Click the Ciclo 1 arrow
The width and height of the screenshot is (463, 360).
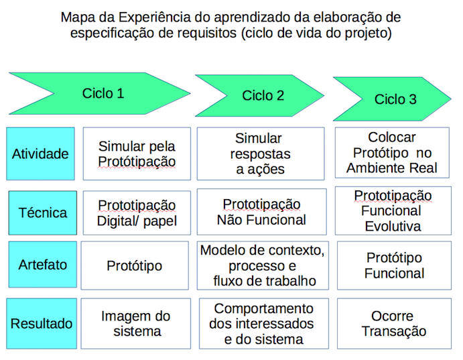(x=101, y=93)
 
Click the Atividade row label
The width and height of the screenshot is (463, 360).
(x=40, y=154)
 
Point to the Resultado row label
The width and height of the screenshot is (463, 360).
(x=41, y=324)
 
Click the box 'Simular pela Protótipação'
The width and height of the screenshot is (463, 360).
(x=136, y=154)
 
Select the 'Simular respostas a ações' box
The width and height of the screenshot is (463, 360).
(x=260, y=154)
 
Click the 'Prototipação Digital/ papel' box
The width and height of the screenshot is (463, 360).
(x=136, y=213)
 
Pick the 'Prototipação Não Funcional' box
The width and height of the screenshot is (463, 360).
(x=261, y=211)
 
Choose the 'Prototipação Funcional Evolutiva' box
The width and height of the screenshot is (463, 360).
(x=393, y=211)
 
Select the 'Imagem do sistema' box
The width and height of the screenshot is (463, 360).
(x=136, y=324)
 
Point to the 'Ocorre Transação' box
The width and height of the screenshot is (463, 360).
(x=393, y=323)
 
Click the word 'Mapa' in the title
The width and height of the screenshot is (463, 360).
(x=76, y=16)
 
